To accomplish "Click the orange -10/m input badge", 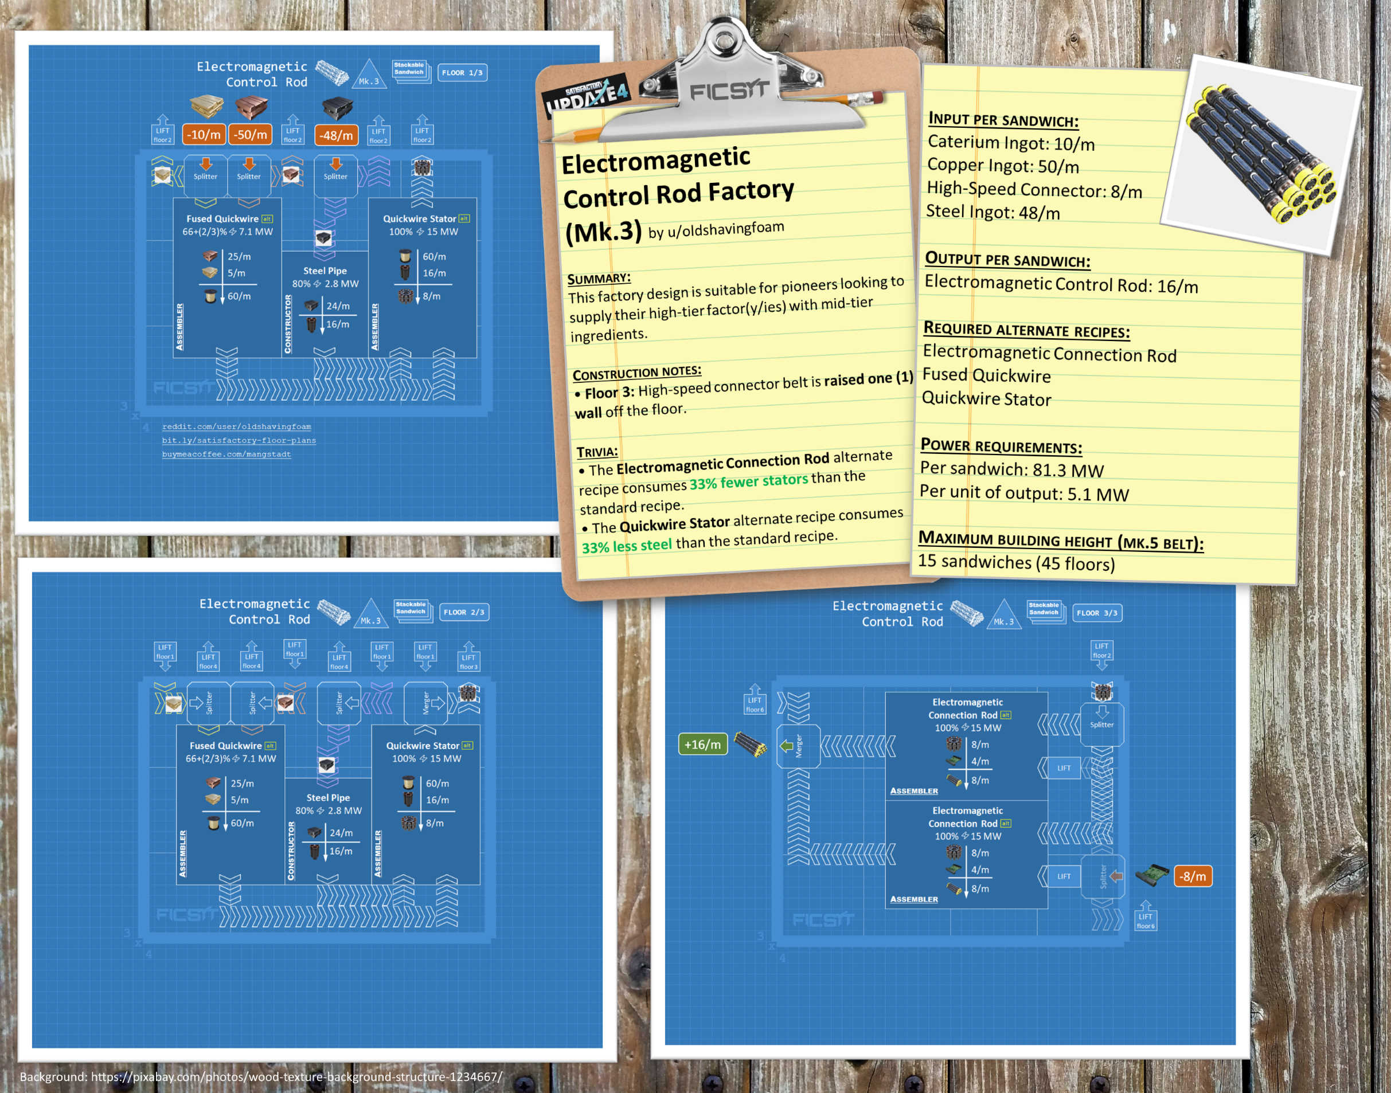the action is (x=204, y=134).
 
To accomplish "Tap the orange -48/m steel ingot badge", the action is (x=336, y=135).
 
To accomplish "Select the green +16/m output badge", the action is (x=702, y=745).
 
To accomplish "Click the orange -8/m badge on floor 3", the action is (x=1193, y=876).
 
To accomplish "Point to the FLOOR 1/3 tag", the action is (x=462, y=72).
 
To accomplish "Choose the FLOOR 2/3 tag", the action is (x=464, y=612).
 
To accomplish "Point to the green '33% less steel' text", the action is (x=627, y=546).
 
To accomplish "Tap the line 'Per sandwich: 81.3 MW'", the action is (x=1011, y=469).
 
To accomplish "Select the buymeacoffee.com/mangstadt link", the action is (x=226, y=455).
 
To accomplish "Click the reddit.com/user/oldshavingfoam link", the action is (x=236, y=426).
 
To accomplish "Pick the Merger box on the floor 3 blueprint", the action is (x=798, y=746).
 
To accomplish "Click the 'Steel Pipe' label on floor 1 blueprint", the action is (x=325, y=271).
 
